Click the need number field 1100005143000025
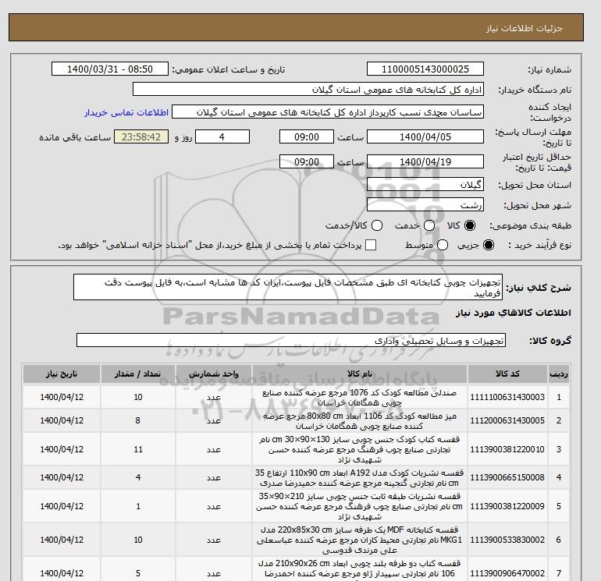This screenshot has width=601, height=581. (425, 69)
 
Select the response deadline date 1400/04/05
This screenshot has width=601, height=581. (425, 136)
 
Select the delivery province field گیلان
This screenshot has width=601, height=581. (425, 186)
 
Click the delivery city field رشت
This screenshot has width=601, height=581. (425, 205)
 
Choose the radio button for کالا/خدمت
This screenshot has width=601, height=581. (377, 225)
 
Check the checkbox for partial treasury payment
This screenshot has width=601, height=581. (371, 245)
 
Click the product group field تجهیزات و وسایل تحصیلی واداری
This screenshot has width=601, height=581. (292, 341)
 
